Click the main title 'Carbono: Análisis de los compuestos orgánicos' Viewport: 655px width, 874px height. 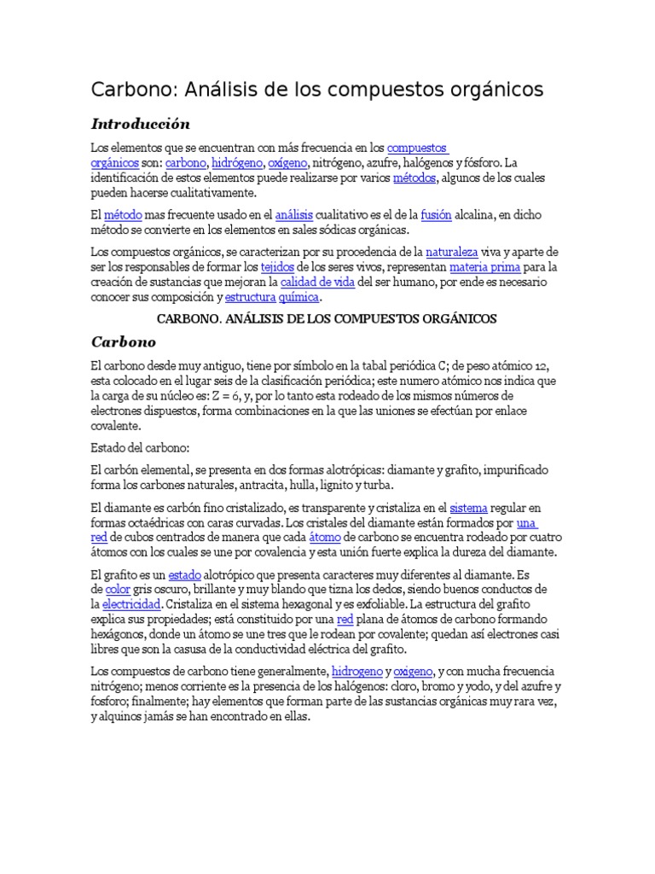click(x=316, y=90)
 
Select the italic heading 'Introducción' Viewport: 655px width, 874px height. click(x=140, y=124)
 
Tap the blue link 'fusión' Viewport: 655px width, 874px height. click(x=436, y=215)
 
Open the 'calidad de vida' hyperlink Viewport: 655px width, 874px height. click(x=318, y=282)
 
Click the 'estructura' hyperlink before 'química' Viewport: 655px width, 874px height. click(x=250, y=297)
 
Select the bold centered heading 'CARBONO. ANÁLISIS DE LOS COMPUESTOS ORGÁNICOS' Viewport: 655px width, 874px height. click(x=327, y=318)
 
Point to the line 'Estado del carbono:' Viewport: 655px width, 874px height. click(x=140, y=447)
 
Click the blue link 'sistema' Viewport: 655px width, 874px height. click(x=468, y=507)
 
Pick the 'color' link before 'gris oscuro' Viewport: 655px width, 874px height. click(x=117, y=589)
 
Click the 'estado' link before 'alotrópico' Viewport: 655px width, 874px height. click(x=185, y=574)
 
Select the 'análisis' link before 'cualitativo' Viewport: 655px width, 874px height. click(x=294, y=215)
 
